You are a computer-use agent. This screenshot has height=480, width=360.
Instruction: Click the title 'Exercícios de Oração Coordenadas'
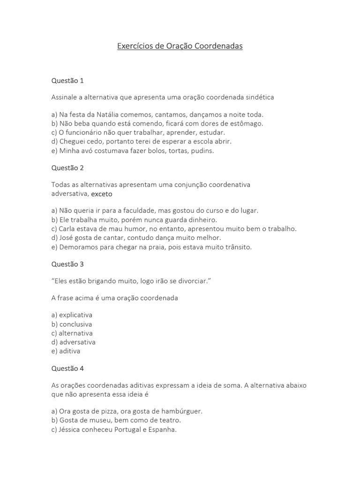(x=180, y=47)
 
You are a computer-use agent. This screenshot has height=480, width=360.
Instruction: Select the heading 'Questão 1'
(x=67, y=81)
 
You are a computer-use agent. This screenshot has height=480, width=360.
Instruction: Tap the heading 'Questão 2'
(x=67, y=168)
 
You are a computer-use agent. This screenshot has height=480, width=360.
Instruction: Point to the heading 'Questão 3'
(x=67, y=264)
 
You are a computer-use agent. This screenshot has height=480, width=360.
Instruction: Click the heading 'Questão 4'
(x=67, y=368)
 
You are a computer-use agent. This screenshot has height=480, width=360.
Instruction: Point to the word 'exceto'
(x=102, y=194)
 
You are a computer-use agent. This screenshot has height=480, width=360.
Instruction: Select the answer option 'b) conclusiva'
(x=72, y=324)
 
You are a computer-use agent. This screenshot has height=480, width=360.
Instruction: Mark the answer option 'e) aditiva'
(x=66, y=351)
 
